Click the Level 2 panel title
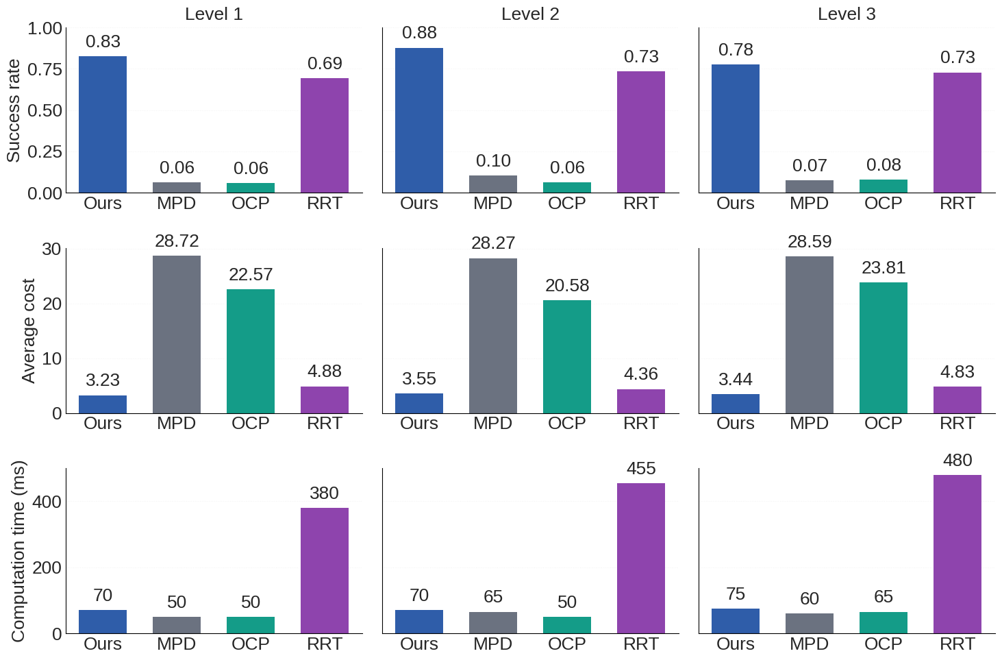530,14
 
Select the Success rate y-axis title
14,111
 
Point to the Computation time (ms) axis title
18,551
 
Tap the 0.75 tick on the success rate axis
45,70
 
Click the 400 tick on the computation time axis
47,502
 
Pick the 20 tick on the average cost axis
51,304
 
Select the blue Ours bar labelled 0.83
103,125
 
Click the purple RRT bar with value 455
641,558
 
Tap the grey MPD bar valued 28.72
177,334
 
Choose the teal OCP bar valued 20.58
567,356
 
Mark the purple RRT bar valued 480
957,554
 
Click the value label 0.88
419,33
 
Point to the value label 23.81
884,268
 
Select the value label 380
324,493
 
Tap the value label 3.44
736,380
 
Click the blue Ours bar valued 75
736,621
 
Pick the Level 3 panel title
847,14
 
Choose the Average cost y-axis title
28,331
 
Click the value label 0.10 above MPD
493,161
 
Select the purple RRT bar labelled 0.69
325,136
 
